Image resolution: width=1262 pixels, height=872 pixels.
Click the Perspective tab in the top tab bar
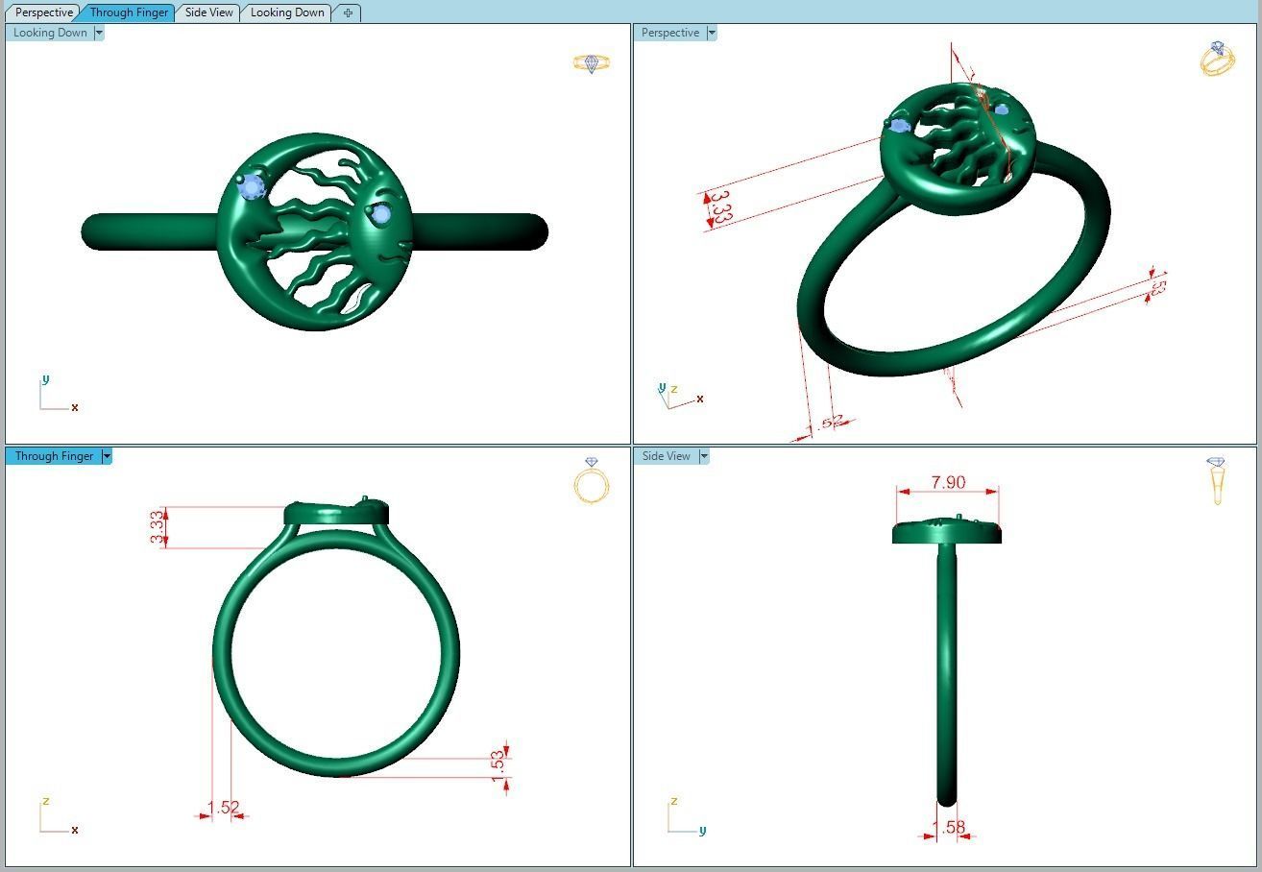click(x=44, y=12)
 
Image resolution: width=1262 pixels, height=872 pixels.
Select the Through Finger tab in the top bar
click(x=129, y=12)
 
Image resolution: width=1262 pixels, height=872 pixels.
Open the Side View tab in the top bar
click(x=209, y=12)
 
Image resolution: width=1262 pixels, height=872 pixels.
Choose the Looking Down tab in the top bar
click(x=287, y=12)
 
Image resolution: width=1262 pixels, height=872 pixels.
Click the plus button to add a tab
click(x=348, y=12)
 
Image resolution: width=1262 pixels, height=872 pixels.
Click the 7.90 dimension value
click(x=948, y=482)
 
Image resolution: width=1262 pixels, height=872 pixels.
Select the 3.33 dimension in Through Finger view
click(x=157, y=527)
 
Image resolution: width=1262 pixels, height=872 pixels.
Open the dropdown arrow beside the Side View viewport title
click(x=704, y=456)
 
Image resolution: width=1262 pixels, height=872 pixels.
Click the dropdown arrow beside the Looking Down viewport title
click(x=99, y=33)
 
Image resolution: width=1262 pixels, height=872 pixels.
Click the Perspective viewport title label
click(x=670, y=33)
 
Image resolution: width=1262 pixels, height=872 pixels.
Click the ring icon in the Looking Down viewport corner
click(x=592, y=63)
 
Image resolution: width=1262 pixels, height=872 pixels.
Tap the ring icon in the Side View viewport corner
click(x=1217, y=480)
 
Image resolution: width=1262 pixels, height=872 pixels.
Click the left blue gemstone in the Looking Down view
click(x=253, y=187)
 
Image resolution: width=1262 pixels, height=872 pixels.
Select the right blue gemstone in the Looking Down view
click(x=381, y=215)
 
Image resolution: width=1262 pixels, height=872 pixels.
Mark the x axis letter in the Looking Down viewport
click(x=75, y=407)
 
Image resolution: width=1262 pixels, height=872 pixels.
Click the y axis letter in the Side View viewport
click(x=702, y=831)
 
